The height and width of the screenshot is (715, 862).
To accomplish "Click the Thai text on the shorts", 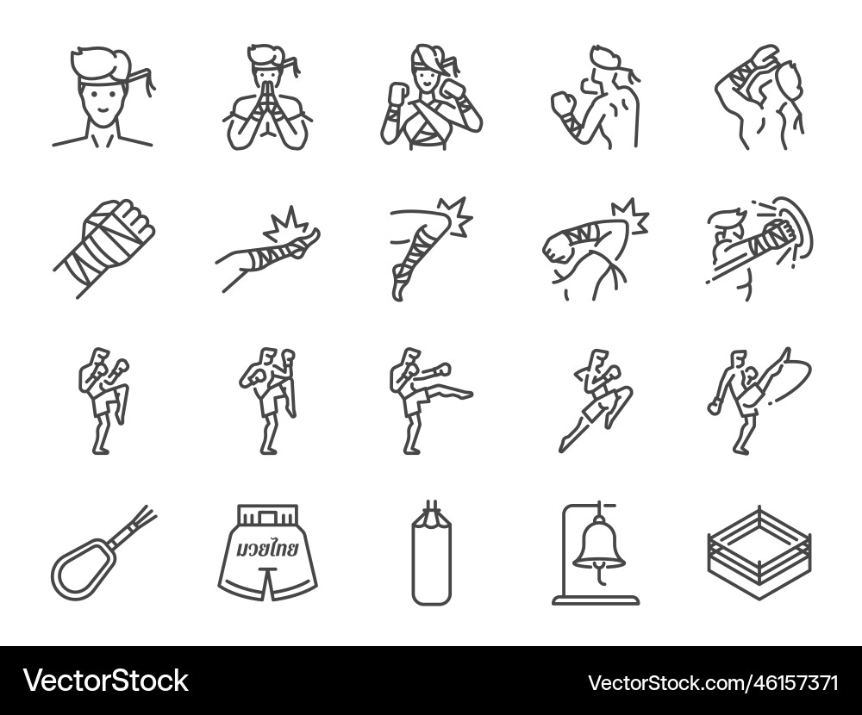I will (x=267, y=549).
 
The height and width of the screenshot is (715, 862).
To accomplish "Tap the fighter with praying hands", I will (x=267, y=99).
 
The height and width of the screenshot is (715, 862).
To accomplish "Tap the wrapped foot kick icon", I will (x=267, y=246).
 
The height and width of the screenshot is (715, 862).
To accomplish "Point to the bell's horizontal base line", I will (x=595, y=601).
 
